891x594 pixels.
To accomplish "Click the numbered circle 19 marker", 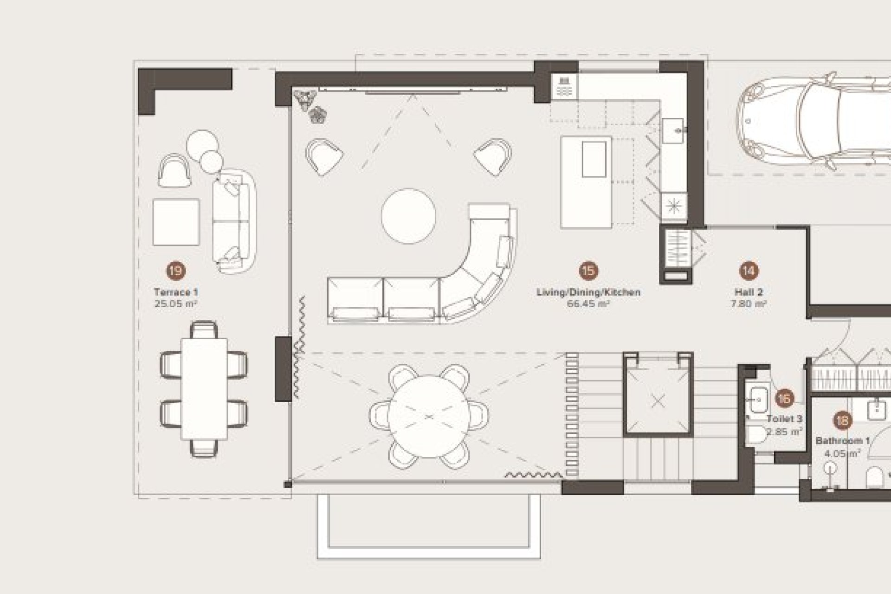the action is click(175, 271).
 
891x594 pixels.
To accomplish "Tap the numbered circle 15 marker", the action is click(588, 271).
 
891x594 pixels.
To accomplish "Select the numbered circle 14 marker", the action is click(749, 271).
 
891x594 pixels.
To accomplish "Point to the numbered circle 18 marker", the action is click(842, 421).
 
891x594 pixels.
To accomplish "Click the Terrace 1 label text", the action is click(176, 292).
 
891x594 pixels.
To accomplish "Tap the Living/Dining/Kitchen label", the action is click(588, 292).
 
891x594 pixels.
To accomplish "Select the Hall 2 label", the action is click(749, 292).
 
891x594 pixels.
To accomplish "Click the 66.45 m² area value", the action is click(588, 304).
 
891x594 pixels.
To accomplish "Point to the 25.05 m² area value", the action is click(176, 304).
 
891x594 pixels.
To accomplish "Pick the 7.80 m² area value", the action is click(749, 304).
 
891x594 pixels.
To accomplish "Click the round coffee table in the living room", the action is click(409, 216).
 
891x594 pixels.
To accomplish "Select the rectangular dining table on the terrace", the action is click(204, 389).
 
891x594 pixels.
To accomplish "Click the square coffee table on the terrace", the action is click(176, 222).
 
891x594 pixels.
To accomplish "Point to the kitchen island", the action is click(586, 182).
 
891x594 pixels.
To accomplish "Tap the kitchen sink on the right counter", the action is click(673, 131).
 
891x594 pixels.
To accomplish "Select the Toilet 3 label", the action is click(785, 419).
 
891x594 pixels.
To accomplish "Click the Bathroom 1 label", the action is click(843, 441).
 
